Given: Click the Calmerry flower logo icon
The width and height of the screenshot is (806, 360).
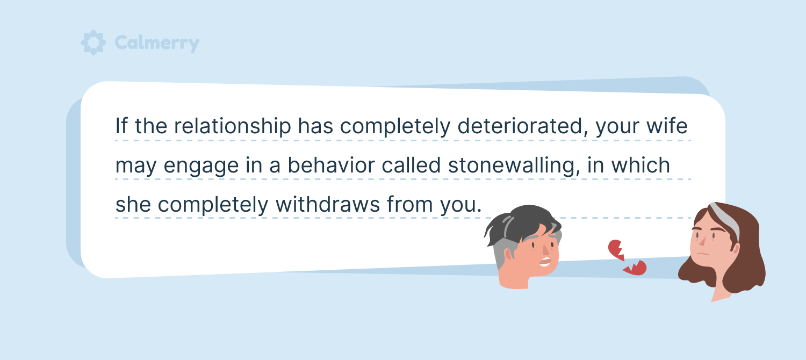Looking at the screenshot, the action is point(93,42).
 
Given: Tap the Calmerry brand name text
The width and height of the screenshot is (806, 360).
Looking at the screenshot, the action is point(157,43).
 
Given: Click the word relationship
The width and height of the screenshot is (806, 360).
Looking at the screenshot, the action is point(233,127).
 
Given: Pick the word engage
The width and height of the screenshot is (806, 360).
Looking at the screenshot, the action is point(201,167).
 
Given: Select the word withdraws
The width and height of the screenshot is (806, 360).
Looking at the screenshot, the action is point(328,204).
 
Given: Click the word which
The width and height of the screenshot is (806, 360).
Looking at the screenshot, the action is point(641,165).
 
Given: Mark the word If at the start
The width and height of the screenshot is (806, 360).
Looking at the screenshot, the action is point(121,126).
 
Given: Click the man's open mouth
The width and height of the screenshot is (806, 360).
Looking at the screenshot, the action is point(545,262).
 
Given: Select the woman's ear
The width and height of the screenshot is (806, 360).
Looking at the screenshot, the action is point(736,249).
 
